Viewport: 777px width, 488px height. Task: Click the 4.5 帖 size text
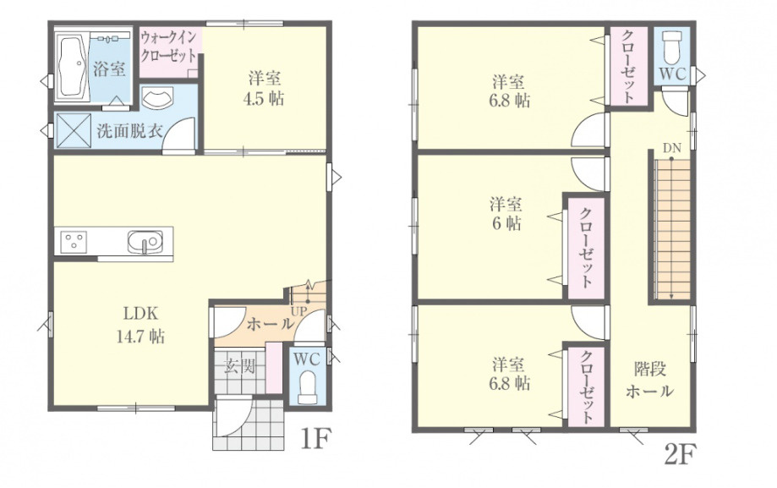pos(265,98)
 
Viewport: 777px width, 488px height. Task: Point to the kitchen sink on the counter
pos(145,242)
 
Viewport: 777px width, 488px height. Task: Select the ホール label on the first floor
pos(266,325)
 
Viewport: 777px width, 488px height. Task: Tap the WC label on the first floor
pos(306,359)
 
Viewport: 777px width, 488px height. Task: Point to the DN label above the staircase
pos(671,149)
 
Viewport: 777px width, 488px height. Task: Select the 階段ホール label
pos(649,380)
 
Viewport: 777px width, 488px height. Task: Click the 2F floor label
pos(680,456)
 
